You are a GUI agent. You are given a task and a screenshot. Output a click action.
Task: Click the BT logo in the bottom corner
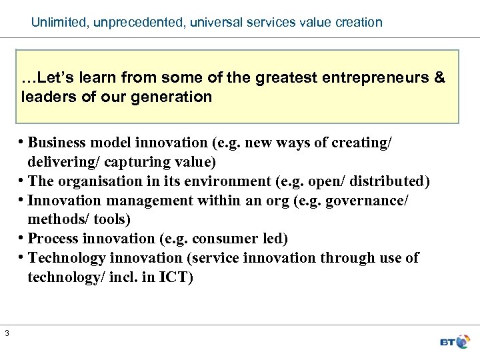point(456,342)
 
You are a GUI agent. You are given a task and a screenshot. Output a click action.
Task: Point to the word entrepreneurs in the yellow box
point(378,77)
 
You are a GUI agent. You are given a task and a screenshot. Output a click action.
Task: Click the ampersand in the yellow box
point(439,77)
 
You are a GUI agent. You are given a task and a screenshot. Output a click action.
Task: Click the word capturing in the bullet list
point(123,161)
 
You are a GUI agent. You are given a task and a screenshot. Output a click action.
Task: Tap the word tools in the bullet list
point(112,219)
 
